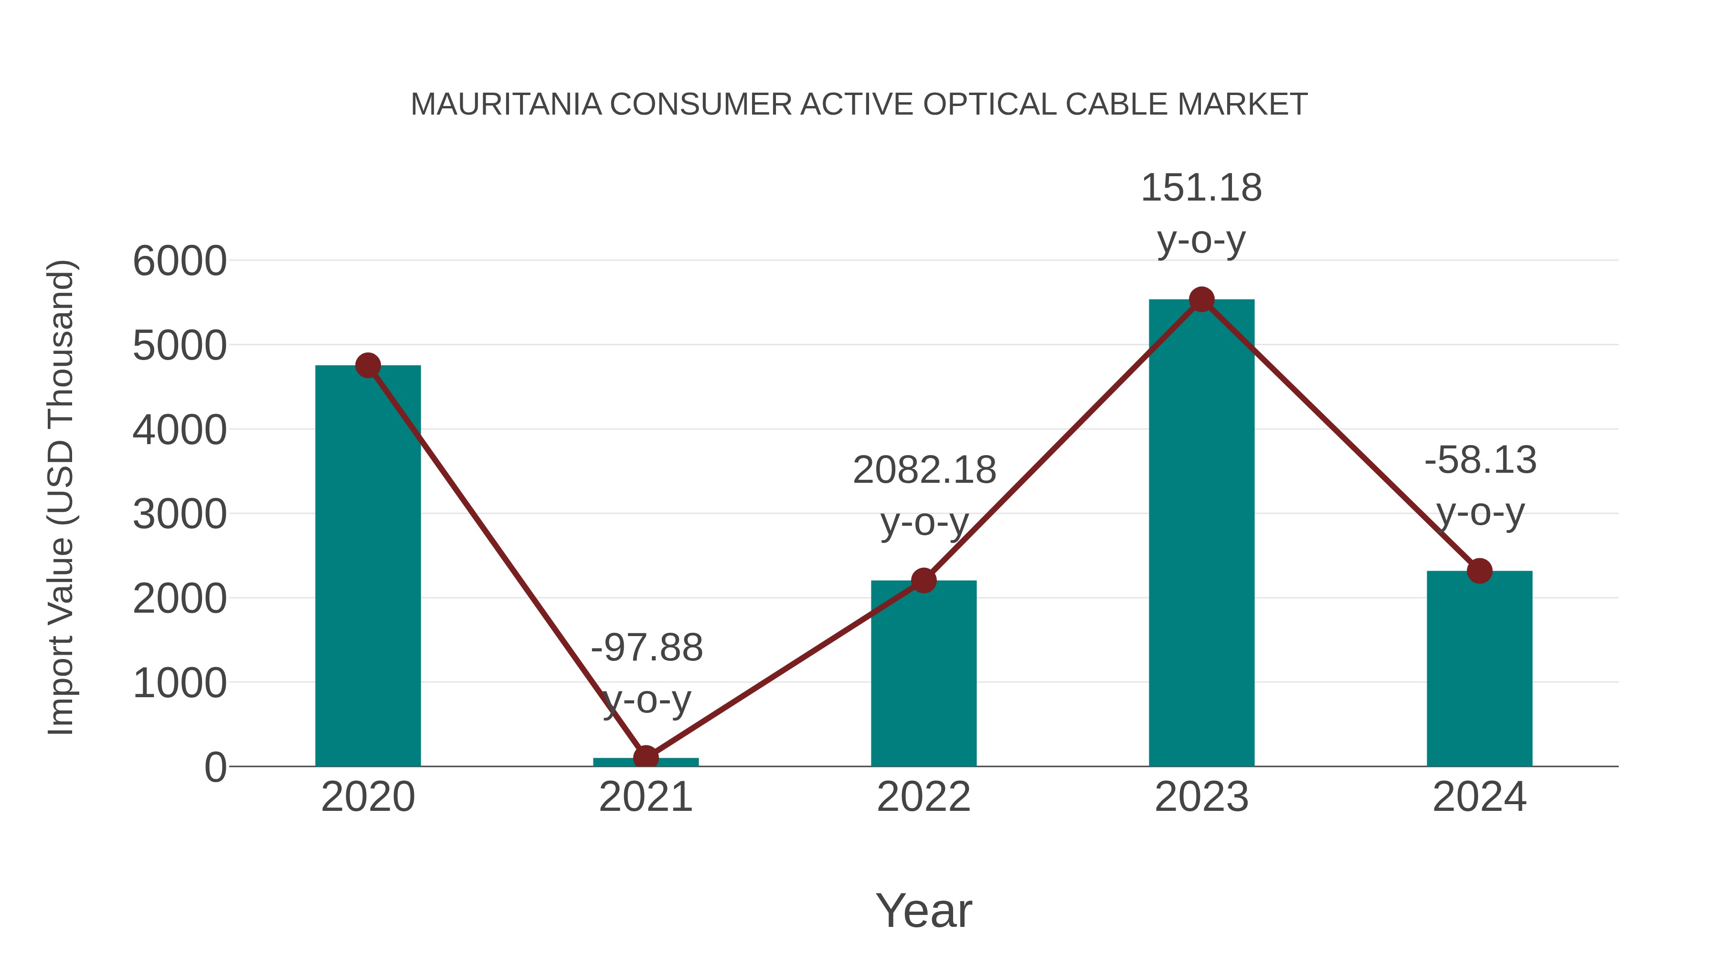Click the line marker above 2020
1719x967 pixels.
tap(368, 365)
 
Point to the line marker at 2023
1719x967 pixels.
tap(1201, 299)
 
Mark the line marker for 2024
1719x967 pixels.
tap(1479, 571)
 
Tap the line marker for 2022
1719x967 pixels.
tap(923, 581)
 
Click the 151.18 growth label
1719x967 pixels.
tap(1201, 188)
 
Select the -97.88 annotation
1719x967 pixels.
tap(647, 648)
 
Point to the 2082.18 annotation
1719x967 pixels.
tap(924, 470)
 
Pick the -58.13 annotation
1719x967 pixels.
tap(1480, 460)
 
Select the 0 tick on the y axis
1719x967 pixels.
tap(215, 767)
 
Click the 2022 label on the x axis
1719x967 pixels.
tap(923, 797)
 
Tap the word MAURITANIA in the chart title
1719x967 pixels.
tap(505, 104)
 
